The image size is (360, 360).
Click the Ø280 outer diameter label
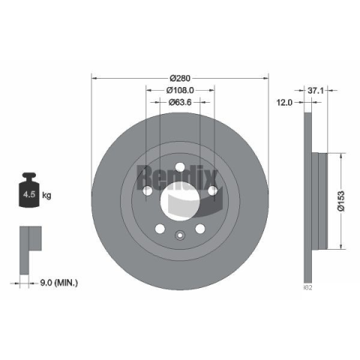click(x=180, y=78)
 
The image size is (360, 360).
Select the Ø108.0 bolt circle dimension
click(x=180, y=90)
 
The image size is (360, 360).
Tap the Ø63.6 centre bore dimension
click(x=180, y=102)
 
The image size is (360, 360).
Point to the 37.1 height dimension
click(x=316, y=91)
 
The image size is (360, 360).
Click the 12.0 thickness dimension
click(x=284, y=102)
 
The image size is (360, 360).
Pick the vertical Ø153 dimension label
click(x=340, y=201)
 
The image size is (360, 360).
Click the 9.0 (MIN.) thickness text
click(x=59, y=283)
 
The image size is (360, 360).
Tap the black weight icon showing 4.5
click(x=29, y=190)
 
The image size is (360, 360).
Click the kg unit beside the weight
click(x=46, y=195)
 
